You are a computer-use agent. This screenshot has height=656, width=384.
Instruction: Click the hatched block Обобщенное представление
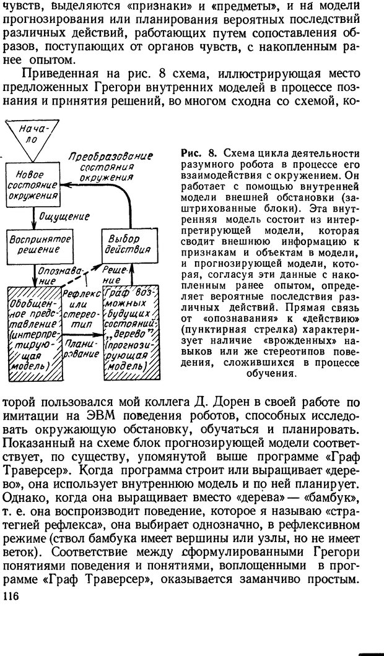click(x=34, y=334)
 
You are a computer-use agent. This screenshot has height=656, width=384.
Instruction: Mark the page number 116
click(x=12, y=595)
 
